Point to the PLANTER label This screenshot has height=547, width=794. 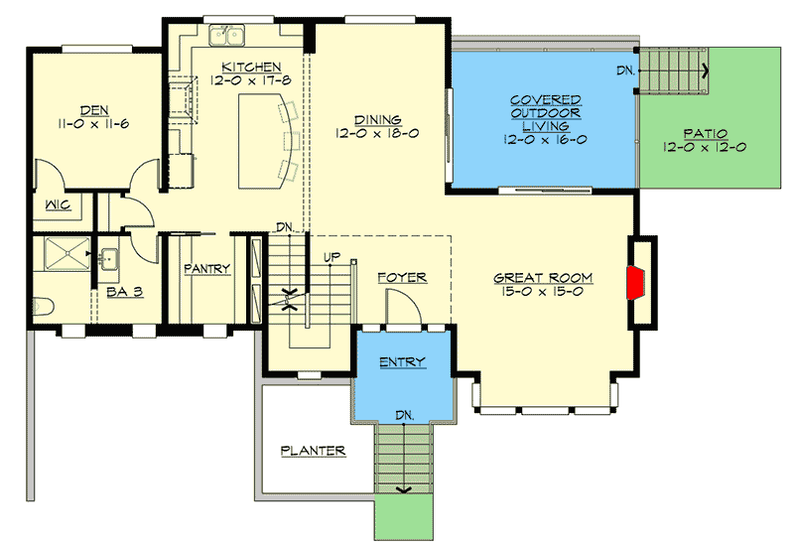point(312,451)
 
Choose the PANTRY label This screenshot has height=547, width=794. point(206,268)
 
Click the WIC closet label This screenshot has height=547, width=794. point(55,206)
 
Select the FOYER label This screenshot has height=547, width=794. point(402,278)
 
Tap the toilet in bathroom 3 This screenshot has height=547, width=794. point(41,307)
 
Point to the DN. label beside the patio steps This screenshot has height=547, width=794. point(624,71)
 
